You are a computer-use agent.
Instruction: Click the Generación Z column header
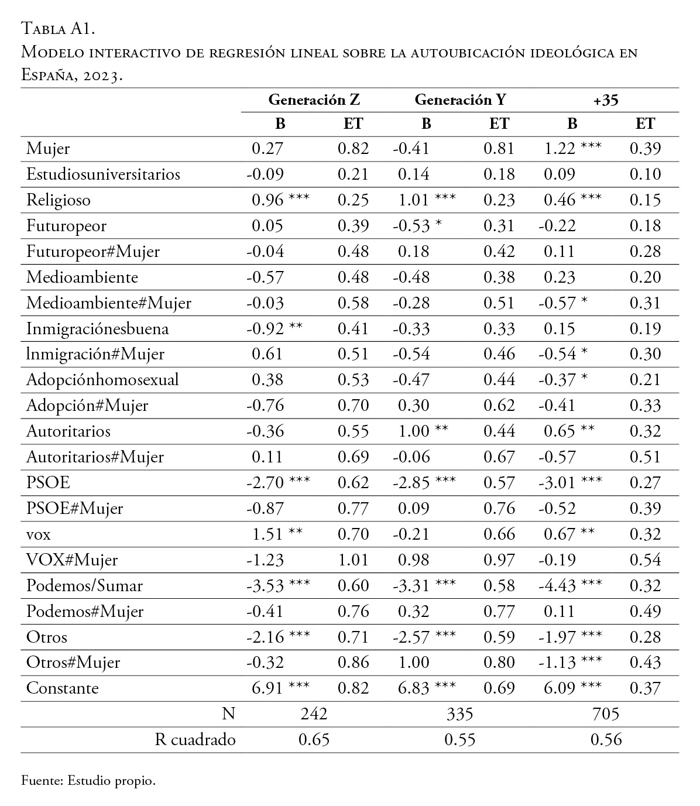314,100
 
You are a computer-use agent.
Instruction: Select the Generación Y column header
460,100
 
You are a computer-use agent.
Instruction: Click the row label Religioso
59,200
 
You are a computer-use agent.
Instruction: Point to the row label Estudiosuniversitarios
103,174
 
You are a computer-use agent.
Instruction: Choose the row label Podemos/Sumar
84,586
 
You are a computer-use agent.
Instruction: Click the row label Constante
63,688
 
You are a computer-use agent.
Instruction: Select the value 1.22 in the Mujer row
560,149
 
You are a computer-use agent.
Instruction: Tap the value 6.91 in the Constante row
267,688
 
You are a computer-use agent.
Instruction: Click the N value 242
314,714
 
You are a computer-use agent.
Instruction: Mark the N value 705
605,714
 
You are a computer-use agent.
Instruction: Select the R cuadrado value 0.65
314,740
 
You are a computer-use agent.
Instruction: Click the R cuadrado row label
195,740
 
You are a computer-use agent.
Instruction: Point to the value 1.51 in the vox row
267,534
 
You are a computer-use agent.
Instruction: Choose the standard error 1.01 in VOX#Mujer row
354,560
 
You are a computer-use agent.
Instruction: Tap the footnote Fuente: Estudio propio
88,780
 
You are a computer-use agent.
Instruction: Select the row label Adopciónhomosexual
102,380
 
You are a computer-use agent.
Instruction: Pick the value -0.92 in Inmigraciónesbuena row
265,329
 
